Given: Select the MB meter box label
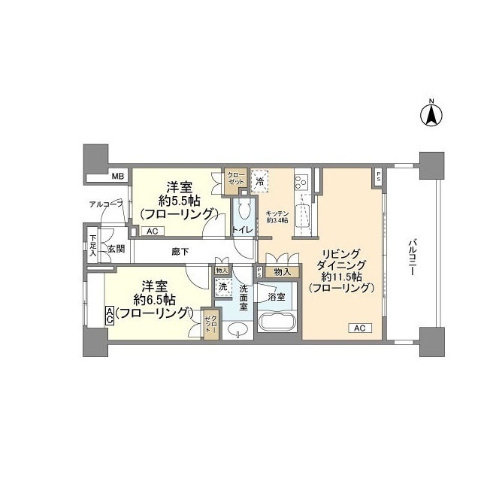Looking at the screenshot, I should click(x=117, y=177).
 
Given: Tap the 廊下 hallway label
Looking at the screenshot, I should click(x=180, y=250).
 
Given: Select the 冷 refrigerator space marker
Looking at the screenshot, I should click(x=260, y=182).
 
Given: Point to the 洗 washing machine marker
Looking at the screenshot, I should click(x=222, y=286).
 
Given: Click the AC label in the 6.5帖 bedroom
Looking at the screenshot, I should click(x=110, y=316).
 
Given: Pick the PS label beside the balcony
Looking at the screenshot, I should click(x=378, y=178).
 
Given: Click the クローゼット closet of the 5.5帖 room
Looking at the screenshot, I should click(x=237, y=178).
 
